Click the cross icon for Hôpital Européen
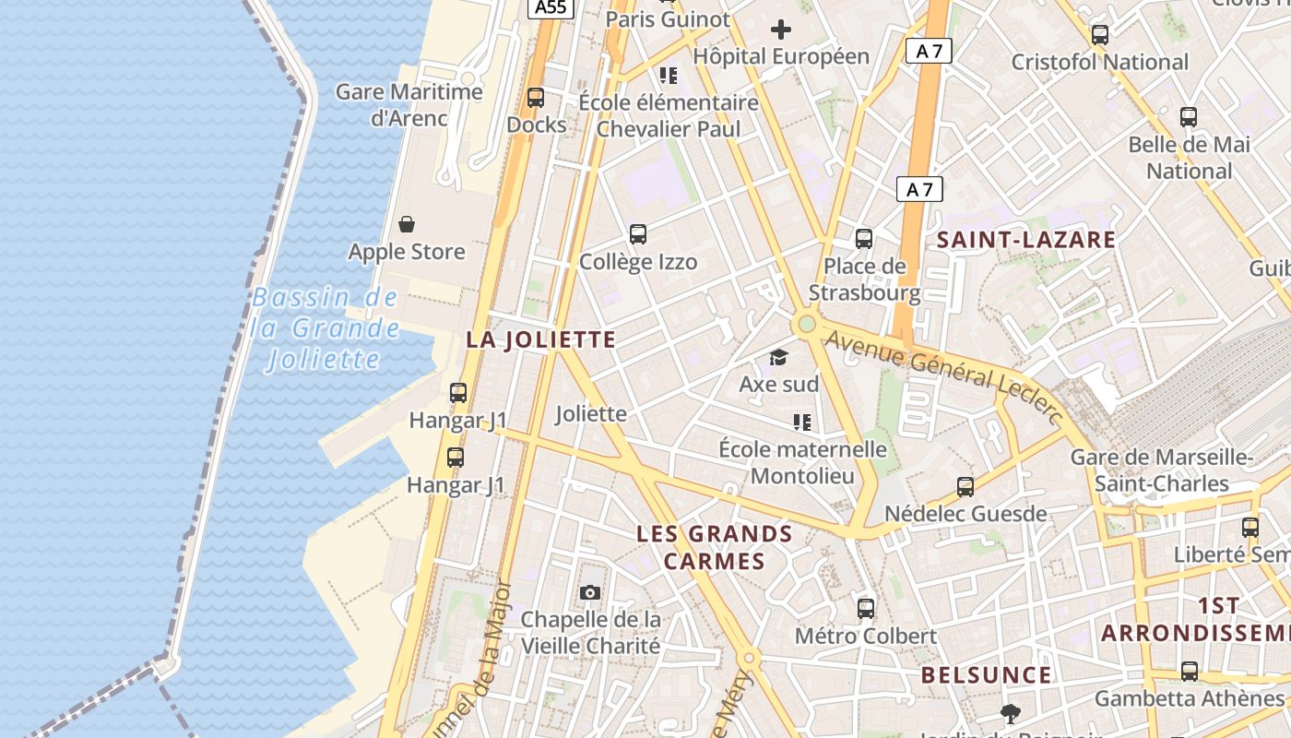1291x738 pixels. coord(781,30)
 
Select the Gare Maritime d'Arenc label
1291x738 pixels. coord(409,105)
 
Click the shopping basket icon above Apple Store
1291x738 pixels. coord(407,224)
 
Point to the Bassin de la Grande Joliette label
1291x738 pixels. coord(325,328)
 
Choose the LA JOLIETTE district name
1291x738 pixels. coord(540,339)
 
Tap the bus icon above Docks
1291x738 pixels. coord(536,97)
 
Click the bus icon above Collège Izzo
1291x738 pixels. coord(638,234)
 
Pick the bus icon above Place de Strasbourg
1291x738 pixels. coord(864,239)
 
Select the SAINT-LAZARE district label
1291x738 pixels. coord(1026,241)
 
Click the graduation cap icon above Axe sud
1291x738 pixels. coord(779,357)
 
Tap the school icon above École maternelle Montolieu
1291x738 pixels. coord(802,423)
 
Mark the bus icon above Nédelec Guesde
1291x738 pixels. coord(965,486)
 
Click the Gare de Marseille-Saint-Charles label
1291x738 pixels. coord(1162,470)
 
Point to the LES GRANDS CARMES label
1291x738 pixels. coord(715,547)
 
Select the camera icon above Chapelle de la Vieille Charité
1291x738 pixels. coord(590,592)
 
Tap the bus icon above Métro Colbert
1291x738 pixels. coord(866,608)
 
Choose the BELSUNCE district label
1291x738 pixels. coord(986,675)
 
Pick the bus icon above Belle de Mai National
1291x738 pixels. coord(1189,117)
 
